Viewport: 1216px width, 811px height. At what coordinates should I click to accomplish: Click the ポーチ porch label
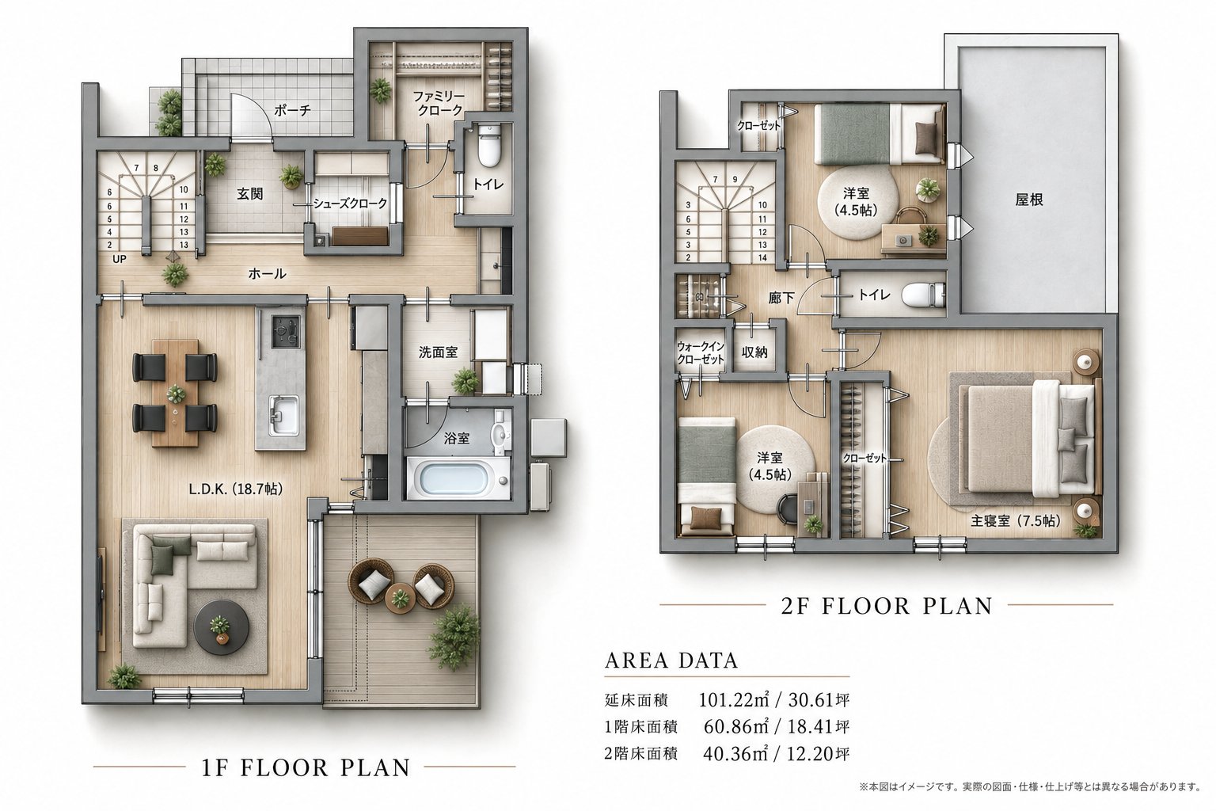point(292,110)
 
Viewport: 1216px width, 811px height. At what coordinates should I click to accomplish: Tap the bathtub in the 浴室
point(458,479)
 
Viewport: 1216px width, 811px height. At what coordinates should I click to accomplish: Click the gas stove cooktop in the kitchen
point(286,331)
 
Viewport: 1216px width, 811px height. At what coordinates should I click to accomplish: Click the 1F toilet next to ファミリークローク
point(488,145)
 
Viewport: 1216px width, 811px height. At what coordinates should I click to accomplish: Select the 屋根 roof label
point(1029,200)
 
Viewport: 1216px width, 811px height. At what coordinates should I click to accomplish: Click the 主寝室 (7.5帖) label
point(1015,520)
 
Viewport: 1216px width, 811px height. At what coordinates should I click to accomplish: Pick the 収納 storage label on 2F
point(754,352)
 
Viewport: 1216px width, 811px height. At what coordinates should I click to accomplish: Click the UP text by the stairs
point(120,259)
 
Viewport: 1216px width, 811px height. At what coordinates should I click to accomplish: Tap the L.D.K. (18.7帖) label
point(236,489)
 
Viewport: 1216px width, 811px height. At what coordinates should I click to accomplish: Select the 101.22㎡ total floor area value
point(732,699)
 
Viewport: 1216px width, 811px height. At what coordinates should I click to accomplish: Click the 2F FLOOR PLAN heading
point(887,606)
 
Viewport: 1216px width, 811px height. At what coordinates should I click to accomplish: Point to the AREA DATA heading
point(671,660)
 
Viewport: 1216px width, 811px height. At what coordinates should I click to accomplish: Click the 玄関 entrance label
point(249,194)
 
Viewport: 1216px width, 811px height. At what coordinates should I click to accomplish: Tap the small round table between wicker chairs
point(401,598)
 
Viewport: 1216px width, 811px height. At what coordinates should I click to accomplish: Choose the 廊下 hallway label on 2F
point(781,298)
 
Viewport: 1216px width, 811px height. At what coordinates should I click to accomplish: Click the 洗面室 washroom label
point(438,352)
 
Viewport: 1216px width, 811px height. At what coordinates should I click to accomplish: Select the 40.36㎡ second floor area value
point(735,753)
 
